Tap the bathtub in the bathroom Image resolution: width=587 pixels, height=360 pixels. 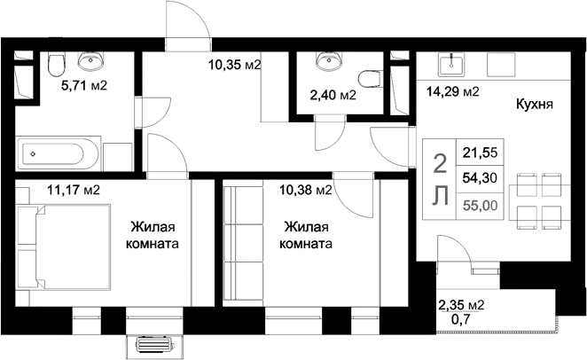59,154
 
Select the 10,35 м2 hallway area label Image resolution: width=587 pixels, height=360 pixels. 233,64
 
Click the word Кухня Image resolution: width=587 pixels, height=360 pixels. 534,104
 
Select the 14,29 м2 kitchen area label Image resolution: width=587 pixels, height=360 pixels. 453,90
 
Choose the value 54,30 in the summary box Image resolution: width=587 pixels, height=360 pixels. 477,178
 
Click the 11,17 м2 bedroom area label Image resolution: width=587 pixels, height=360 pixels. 73,189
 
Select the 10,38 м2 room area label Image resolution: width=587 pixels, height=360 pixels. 306,189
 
